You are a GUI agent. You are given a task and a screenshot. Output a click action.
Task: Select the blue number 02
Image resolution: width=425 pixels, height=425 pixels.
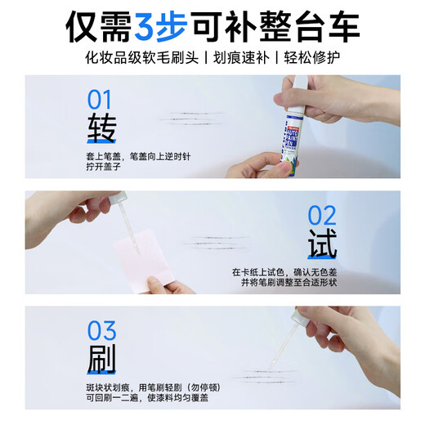tap(321, 215)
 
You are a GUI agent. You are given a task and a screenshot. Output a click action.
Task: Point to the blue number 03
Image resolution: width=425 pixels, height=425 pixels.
tap(102, 331)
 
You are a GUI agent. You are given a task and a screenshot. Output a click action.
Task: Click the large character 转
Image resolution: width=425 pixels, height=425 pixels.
tap(102, 130)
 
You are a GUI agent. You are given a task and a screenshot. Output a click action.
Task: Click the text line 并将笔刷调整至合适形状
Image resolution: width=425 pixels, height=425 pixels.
tap(284, 282)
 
